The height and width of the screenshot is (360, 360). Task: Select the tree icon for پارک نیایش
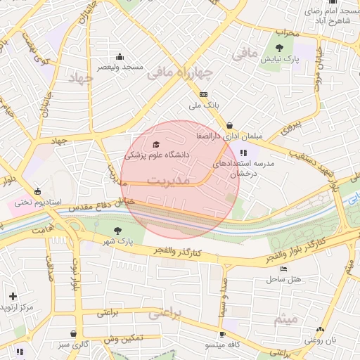280,48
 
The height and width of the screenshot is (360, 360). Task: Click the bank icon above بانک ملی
204,94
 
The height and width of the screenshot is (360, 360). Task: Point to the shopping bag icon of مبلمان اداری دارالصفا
229,125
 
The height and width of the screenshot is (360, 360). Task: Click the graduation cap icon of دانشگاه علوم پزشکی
155,144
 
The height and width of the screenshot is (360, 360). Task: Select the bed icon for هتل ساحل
283,269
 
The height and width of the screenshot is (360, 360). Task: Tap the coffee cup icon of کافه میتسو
223,334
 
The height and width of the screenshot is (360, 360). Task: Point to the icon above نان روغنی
321,329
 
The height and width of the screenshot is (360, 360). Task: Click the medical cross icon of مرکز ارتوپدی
13,296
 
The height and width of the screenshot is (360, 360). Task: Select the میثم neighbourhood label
286,319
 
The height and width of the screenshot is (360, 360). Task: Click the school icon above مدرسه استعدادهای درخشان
243,153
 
